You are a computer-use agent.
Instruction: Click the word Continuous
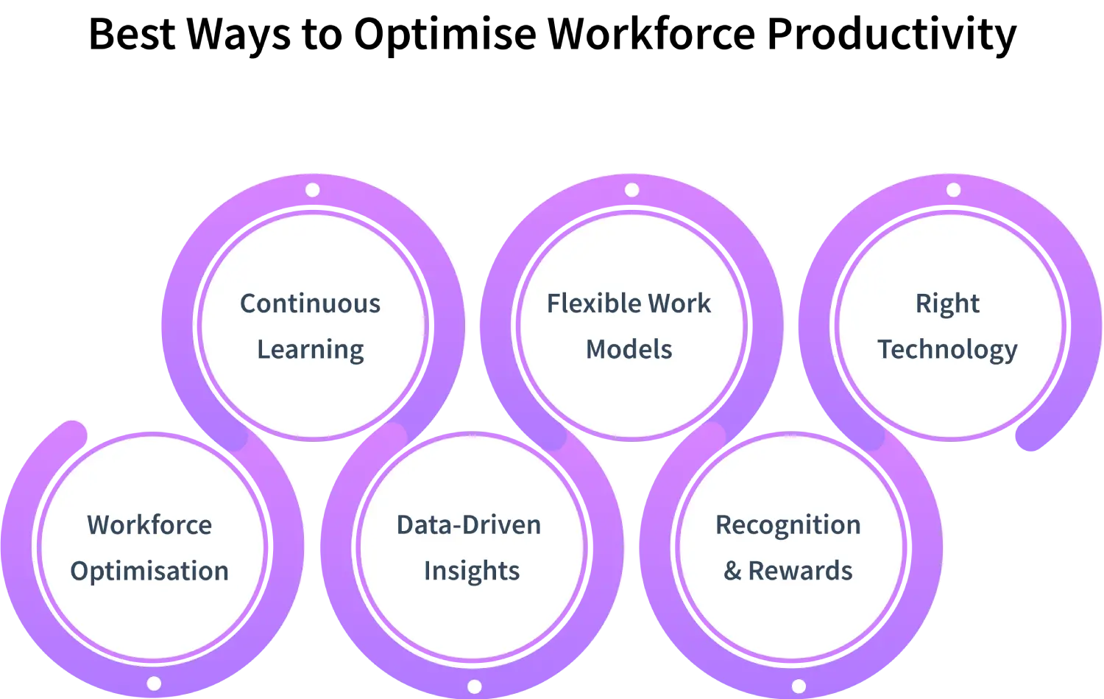tap(310, 303)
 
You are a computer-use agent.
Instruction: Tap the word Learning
tap(310, 350)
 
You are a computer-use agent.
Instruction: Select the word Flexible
tap(584, 303)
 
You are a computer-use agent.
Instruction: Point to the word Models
tap(629, 349)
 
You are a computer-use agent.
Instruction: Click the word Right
tap(947, 303)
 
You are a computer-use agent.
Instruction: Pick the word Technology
tap(947, 350)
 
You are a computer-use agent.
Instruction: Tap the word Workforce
tap(149, 525)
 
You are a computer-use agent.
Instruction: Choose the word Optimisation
tap(149, 572)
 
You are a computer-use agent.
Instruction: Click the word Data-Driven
tap(469, 525)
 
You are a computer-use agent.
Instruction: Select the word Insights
tap(472, 571)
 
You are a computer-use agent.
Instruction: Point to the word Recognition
tap(788, 525)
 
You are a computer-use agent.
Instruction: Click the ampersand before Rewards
tap(732, 571)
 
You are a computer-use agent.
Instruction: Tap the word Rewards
tap(800, 571)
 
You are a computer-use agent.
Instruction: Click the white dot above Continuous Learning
tap(312, 190)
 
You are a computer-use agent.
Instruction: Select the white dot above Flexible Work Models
tap(631, 190)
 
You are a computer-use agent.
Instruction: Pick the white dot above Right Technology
tap(953, 190)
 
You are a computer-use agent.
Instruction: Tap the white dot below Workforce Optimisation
tap(154, 684)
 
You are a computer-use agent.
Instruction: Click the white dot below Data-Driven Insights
tap(475, 686)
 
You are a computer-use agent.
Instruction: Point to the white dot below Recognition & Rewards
tap(799, 686)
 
